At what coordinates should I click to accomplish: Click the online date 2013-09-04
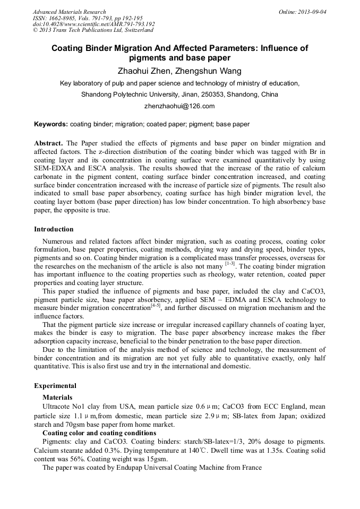pos(308,12)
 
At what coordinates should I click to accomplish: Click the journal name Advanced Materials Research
pos(69,12)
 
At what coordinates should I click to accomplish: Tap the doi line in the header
pos(93,24)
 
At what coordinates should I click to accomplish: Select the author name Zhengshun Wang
pos(211,71)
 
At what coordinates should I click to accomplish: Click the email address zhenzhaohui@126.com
pos(179,106)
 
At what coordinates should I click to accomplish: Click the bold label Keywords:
pos(51,124)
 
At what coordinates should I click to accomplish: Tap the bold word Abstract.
pos(48,143)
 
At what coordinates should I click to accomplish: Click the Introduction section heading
pos(54,229)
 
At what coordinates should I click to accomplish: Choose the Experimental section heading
pos(55,386)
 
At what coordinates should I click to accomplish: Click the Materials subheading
pos(57,397)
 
